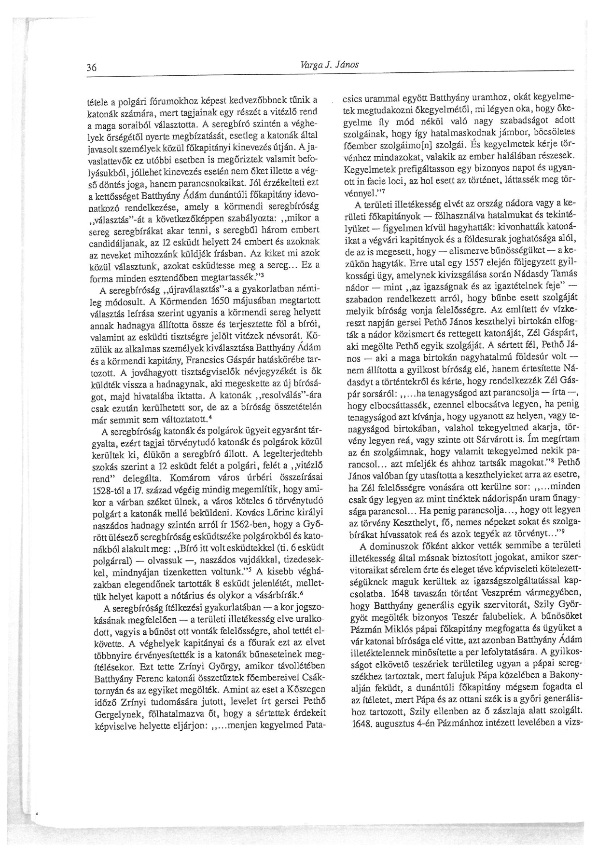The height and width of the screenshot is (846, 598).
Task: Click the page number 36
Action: click(92, 68)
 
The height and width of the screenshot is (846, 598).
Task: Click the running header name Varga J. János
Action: click(329, 65)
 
